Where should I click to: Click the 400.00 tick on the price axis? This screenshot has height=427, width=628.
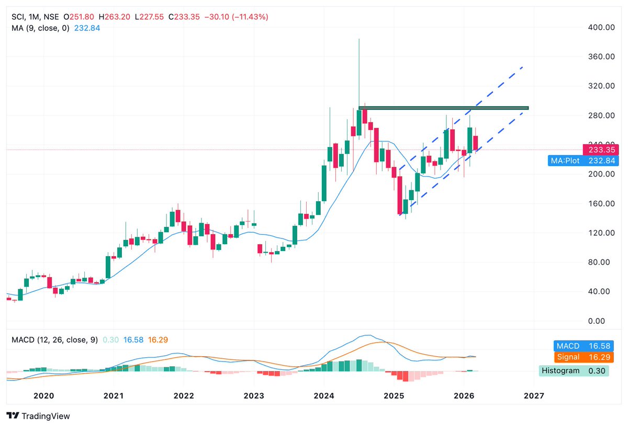point(599,27)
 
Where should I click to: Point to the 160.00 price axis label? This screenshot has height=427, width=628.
point(599,203)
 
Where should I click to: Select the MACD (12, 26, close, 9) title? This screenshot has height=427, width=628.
point(54,340)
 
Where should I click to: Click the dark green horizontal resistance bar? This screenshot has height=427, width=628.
point(445,108)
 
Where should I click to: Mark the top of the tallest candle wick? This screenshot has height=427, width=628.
point(359,39)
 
